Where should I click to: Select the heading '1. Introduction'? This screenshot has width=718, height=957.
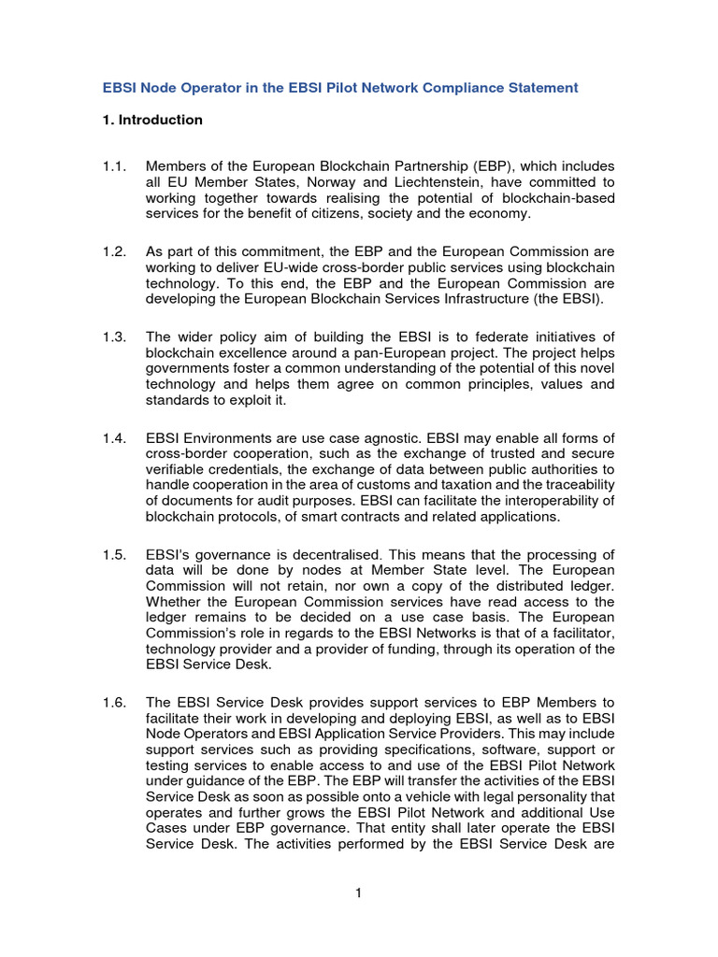click(151, 120)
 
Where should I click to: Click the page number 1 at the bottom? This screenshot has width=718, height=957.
click(358, 893)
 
